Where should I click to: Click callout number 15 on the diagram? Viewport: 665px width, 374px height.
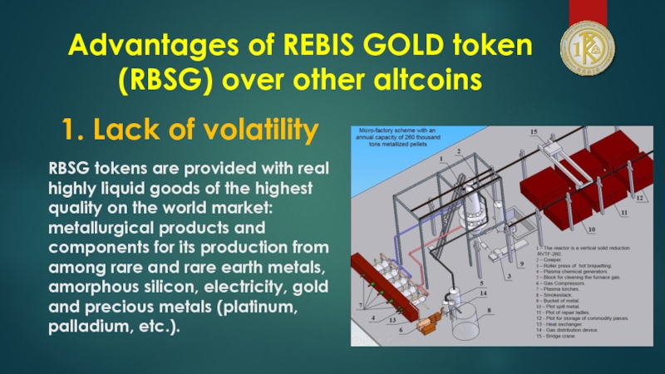pos(534,132)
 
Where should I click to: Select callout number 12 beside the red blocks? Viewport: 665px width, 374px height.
pos(639,199)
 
